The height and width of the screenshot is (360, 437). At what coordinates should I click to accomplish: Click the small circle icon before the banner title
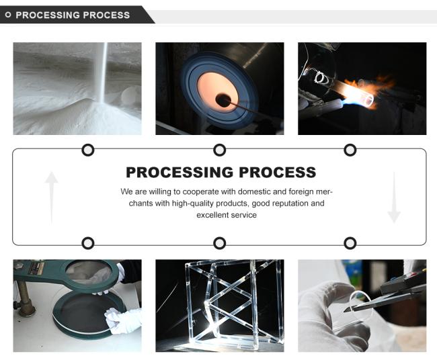point(8,15)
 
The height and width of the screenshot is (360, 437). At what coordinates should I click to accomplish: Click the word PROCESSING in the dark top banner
point(47,15)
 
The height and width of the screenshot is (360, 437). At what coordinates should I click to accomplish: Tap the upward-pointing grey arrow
point(51,197)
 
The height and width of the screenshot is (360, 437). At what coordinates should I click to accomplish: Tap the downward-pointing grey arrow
point(394,197)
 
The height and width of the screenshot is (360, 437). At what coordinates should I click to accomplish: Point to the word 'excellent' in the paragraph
point(213,215)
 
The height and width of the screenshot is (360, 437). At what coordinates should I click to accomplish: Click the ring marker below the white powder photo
point(88,150)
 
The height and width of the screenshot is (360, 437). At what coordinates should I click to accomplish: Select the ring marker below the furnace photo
point(219,150)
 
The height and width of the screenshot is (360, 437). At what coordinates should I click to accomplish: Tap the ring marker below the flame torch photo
point(350,150)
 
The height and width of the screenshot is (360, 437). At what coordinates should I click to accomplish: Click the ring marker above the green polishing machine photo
point(88,243)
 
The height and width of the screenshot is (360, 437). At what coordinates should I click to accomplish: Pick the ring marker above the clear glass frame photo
point(219,243)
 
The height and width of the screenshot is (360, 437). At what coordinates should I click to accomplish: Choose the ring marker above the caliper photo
point(350,243)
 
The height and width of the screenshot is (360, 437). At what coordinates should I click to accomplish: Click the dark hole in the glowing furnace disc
point(223,100)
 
